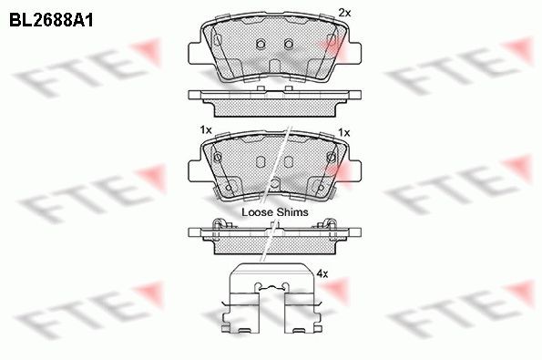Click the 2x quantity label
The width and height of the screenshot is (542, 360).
344,12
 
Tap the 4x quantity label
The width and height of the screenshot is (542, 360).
321,273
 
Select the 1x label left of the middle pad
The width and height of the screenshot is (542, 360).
206,132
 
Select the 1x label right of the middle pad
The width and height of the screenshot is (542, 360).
343,132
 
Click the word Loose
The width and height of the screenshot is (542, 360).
257,211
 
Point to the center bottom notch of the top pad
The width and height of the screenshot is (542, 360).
274,80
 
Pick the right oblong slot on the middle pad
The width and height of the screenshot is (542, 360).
289,163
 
